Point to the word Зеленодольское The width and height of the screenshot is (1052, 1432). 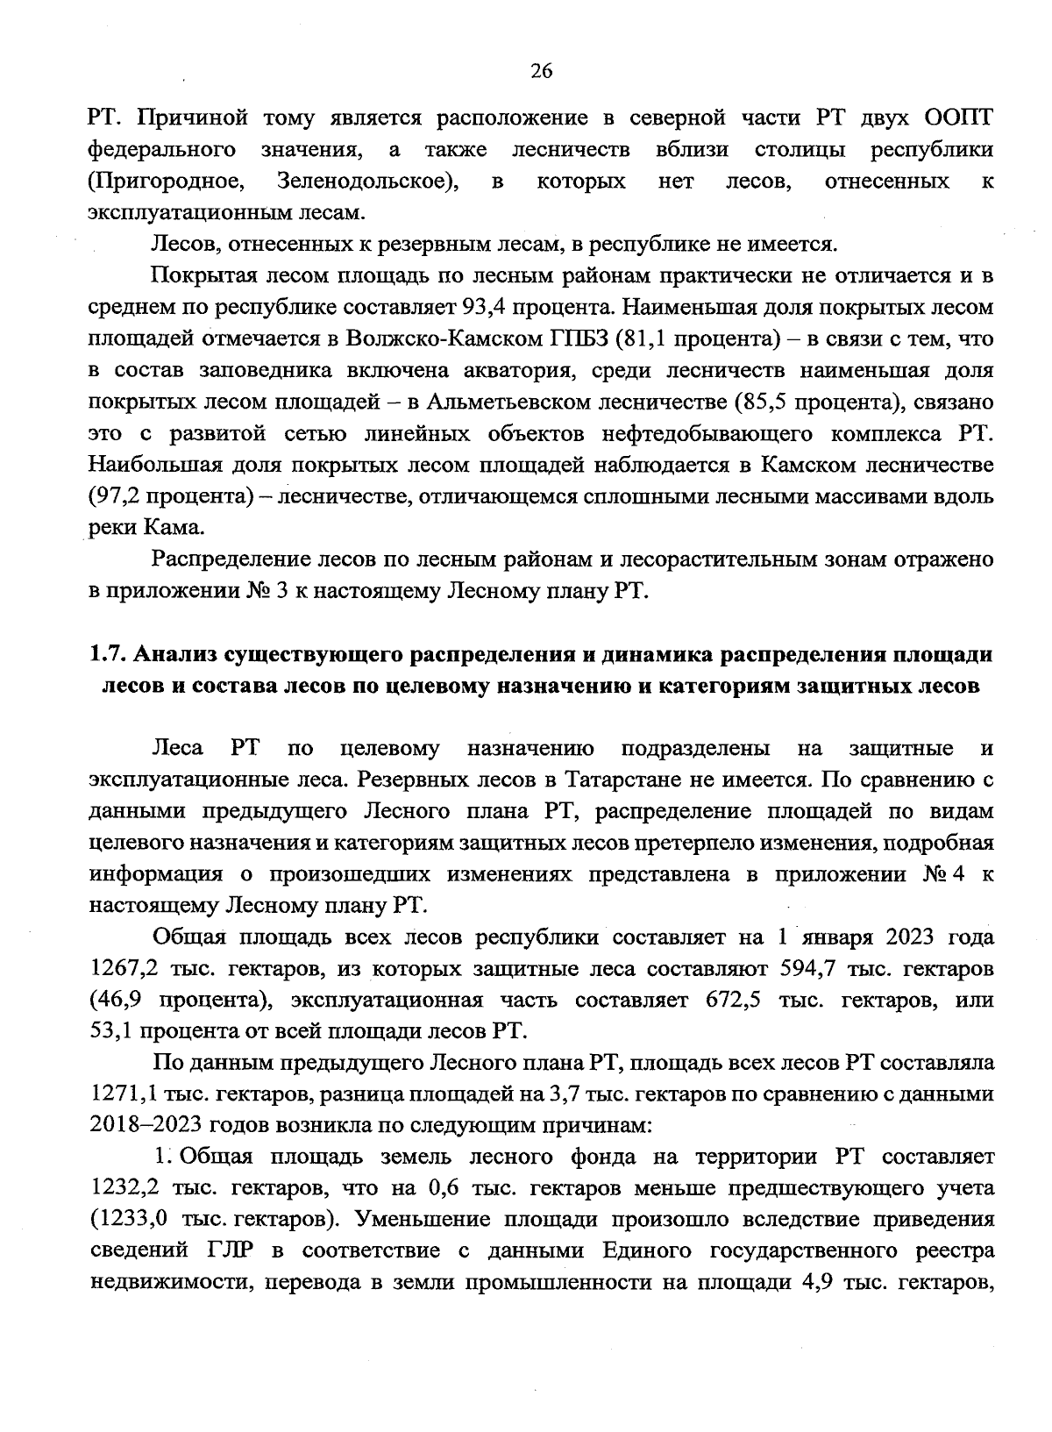369,182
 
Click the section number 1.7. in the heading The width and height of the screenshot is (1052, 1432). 107,655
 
